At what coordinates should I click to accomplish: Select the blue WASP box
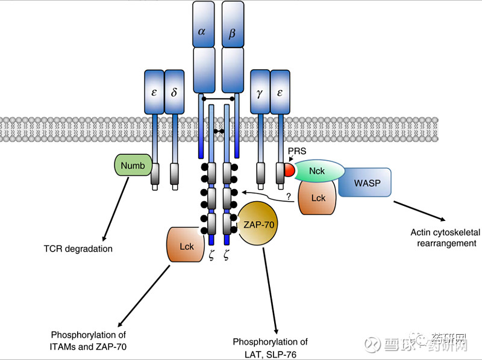click(x=366, y=182)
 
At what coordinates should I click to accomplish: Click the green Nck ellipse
click(x=318, y=171)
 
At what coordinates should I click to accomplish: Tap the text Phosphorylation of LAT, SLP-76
click(x=271, y=347)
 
